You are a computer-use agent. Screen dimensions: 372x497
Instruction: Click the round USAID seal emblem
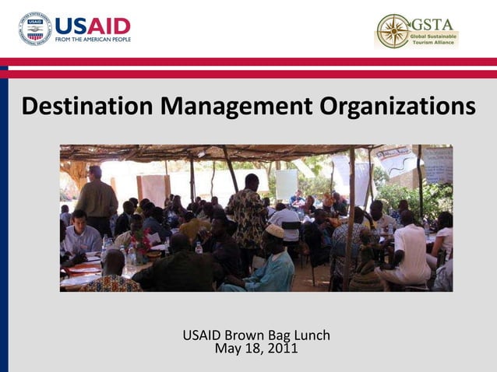click(x=35, y=29)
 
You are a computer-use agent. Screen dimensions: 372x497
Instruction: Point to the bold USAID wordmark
click(x=93, y=25)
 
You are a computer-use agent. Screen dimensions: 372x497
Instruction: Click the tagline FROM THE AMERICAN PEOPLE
click(x=93, y=40)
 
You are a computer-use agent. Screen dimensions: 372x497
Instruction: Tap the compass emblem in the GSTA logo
click(x=393, y=31)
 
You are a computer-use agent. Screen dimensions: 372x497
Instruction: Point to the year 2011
click(x=282, y=349)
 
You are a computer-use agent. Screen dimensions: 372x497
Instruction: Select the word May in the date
click(x=227, y=349)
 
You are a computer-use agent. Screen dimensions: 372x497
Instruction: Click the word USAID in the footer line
click(x=201, y=335)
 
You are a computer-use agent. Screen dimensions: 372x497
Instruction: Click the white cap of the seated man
click(x=274, y=231)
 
